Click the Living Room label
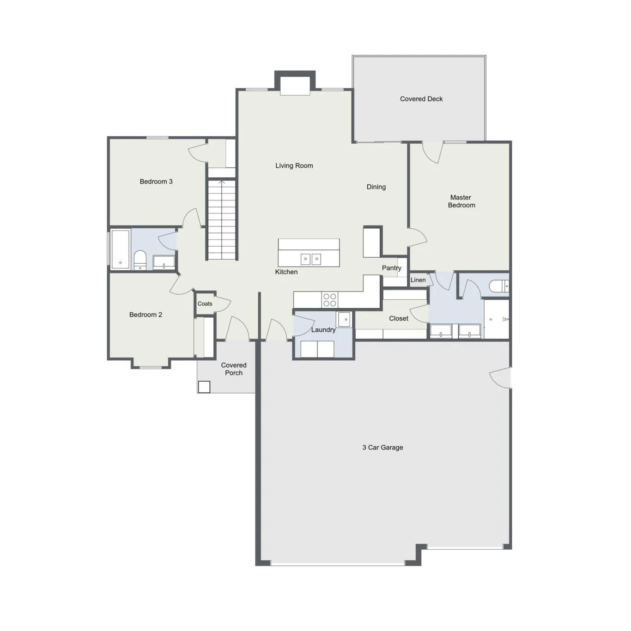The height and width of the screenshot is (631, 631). point(294,166)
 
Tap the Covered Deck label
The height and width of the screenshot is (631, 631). point(421,99)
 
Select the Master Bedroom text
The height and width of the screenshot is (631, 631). point(461,201)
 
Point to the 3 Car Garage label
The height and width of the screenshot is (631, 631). point(382,447)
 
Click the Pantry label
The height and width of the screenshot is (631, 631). point(391,268)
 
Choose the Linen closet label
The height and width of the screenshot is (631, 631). point(418,280)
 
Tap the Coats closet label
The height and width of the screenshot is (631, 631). point(205,303)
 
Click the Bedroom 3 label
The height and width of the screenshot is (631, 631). point(156,182)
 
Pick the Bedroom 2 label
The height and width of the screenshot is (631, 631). point(146,315)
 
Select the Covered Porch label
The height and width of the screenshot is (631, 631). point(233,369)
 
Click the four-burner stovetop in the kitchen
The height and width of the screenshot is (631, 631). point(330,300)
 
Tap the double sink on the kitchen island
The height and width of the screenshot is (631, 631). point(311,259)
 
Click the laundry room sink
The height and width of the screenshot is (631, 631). point(344,319)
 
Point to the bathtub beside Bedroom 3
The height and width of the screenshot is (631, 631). point(120,249)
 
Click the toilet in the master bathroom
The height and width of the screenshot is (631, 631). point(499,286)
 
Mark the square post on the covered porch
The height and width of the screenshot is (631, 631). point(204,387)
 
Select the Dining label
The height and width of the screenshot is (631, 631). point(376,187)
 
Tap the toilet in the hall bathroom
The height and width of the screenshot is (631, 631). point(140,260)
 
